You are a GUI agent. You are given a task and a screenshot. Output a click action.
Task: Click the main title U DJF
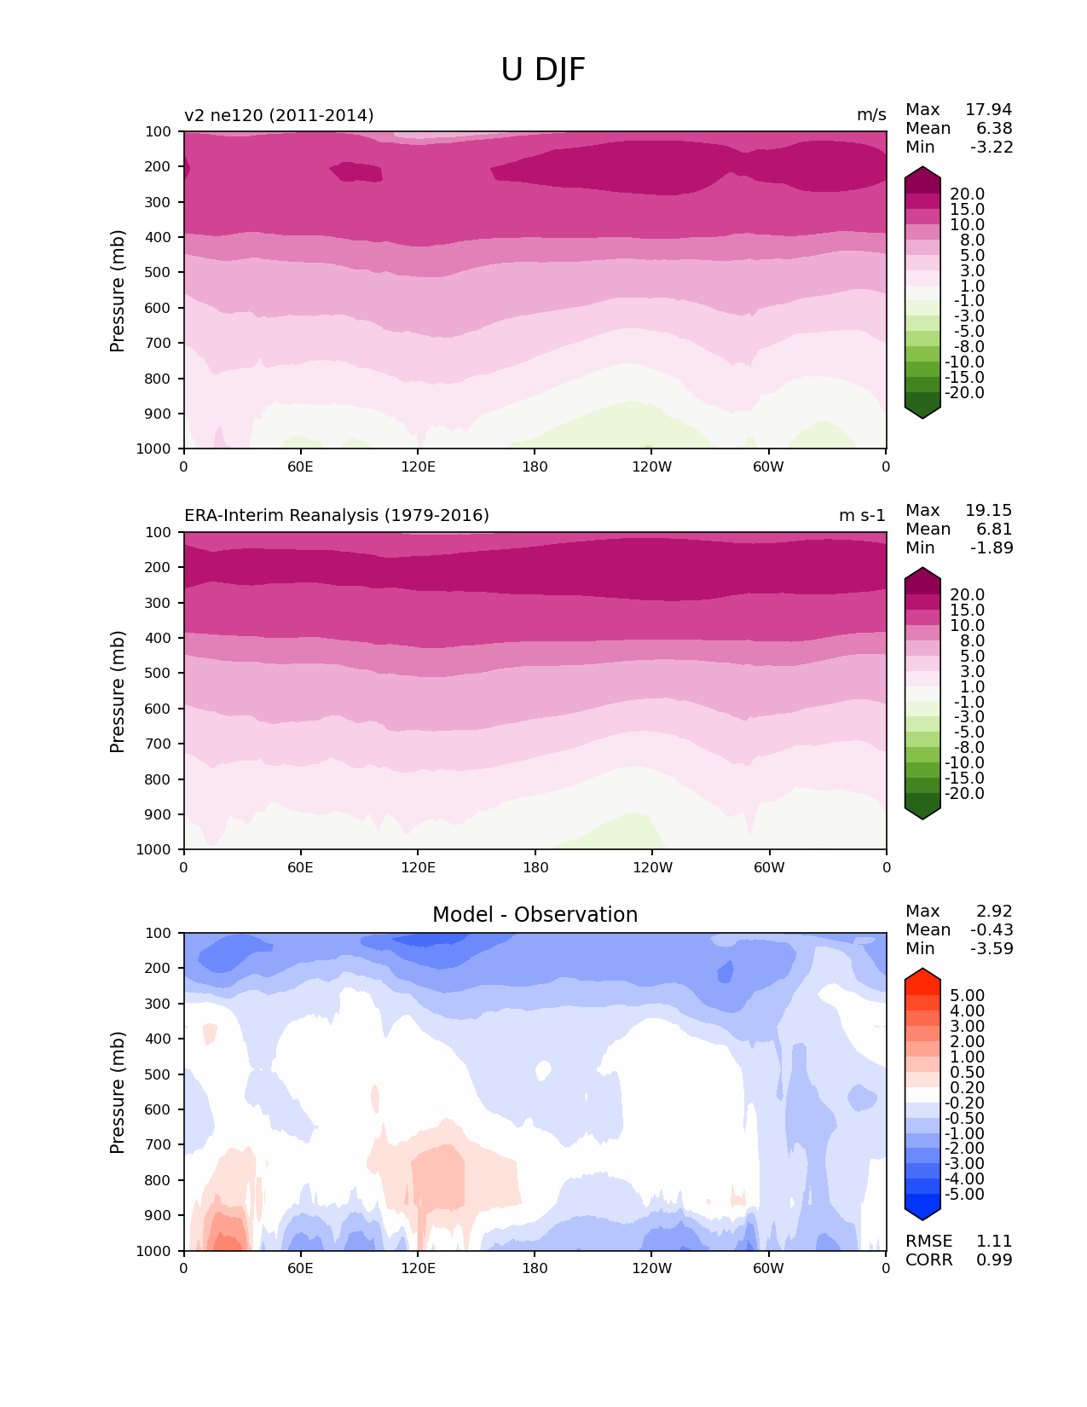pos(543,70)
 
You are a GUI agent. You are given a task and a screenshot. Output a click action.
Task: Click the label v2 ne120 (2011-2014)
pos(279,115)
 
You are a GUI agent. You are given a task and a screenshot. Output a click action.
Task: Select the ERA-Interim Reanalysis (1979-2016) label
pos(337,516)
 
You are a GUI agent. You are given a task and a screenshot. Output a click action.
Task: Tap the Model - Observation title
pos(535,915)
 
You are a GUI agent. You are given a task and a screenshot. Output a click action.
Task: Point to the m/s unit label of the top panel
pos(871,115)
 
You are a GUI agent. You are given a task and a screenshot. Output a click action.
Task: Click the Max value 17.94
pos(988,110)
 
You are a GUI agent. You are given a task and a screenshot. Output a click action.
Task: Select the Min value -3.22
pos(992,148)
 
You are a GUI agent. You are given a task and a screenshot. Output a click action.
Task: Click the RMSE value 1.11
pos(994,1242)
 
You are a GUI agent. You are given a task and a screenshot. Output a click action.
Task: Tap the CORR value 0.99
pos(994,1260)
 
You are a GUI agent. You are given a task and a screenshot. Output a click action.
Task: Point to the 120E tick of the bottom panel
pos(418,1269)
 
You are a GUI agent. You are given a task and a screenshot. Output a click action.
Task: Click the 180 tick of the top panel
pos(535,467)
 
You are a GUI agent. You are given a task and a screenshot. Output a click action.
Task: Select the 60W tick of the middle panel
pos(769,868)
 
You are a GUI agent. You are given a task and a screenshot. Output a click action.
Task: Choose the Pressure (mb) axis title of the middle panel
pos(118,692)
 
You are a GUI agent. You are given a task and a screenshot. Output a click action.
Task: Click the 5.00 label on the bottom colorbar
pos(967,996)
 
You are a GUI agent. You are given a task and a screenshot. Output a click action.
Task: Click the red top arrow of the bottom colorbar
pos(922,976)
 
